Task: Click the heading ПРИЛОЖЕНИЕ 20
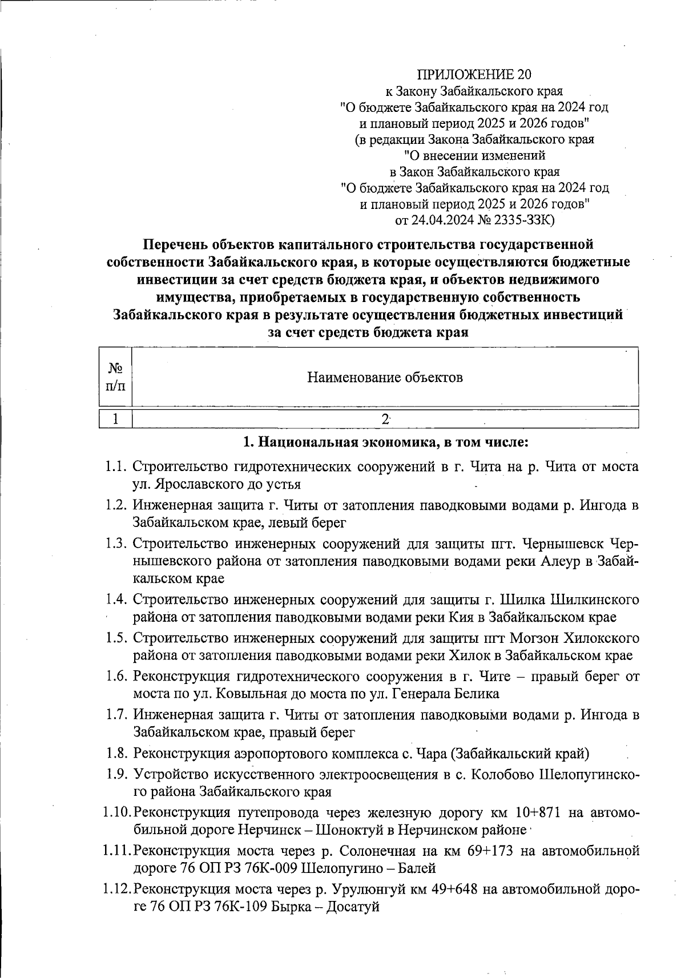click(x=474, y=74)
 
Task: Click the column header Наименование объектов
click(x=385, y=377)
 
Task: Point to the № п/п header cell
click(x=116, y=377)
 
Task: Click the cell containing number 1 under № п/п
click(x=116, y=419)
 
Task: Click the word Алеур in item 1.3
click(x=558, y=561)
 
